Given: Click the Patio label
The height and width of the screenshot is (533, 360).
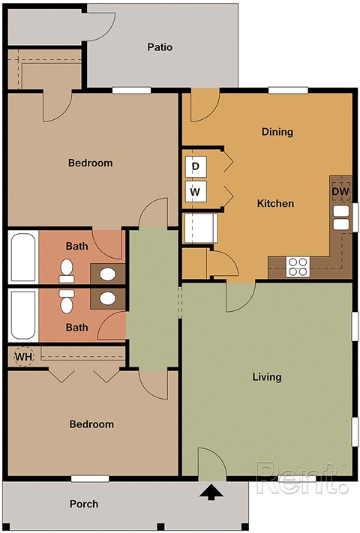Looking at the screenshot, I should pyautogui.click(x=160, y=47).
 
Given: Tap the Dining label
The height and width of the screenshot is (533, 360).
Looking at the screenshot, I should pyautogui.click(x=277, y=132).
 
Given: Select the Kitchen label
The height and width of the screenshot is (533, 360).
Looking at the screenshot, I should pyautogui.click(x=275, y=203).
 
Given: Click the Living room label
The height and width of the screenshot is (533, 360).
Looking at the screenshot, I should pyautogui.click(x=266, y=376).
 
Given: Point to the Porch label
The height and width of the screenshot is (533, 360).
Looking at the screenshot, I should pyautogui.click(x=84, y=504).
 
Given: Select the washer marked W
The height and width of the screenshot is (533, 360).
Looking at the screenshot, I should pyautogui.click(x=195, y=192).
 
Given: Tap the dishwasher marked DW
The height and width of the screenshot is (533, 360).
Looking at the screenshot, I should pyautogui.click(x=340, y=191).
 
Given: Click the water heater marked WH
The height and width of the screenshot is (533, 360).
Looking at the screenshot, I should pyautogui.click(x=23, y=357).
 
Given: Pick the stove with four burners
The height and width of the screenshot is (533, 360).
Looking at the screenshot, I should pyautogui.click(x=298, y=265).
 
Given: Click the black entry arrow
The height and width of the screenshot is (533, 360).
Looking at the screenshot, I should pyautogui.click(x=211, y=493).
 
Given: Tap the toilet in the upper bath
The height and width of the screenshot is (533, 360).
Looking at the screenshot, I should pyautogui.click(x=66, y=268).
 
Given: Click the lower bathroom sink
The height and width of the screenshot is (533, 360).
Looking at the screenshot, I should pyautogui.click(x=107, y=298).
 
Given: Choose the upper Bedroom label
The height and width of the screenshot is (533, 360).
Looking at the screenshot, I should pyautogui.click(x=90, y=163).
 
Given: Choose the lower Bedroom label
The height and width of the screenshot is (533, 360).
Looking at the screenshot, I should pyautogui.click(x=91, y=424).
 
